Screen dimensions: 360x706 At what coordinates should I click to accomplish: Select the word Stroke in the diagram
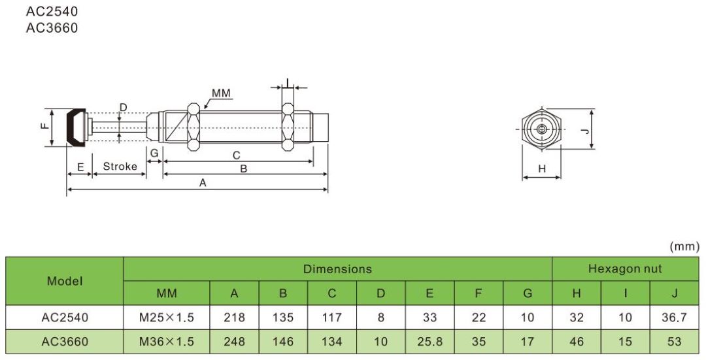tap(120, 166)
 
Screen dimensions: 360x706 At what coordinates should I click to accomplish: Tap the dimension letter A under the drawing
tap(203, 184)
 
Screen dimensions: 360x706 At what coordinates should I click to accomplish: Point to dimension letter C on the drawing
tap(237, 155)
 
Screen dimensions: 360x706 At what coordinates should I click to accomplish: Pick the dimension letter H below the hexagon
tap(541, 169)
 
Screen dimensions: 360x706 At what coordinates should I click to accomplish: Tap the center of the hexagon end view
tap(541, 129)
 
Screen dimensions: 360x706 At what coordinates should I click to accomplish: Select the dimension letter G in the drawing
tap(154, 152)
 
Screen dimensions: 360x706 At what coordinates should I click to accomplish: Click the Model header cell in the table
tap(65, 281)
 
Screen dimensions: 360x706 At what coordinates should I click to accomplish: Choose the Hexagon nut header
tap(625, 269)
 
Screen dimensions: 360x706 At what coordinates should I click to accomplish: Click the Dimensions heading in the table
tap(337, 269)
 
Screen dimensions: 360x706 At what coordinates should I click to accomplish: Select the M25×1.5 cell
tap(167, 318)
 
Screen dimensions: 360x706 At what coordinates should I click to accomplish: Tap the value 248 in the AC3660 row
tap(234, 341)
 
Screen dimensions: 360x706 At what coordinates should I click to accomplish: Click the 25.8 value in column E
tap(429, 341)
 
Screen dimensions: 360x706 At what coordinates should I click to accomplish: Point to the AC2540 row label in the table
tap(65, 318)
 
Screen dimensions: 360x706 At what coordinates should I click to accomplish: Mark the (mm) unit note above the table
tap(685, 247)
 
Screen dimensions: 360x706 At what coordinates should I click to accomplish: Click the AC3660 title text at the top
tap(52, 27)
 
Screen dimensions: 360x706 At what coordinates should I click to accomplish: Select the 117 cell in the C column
tap(332, 318)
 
